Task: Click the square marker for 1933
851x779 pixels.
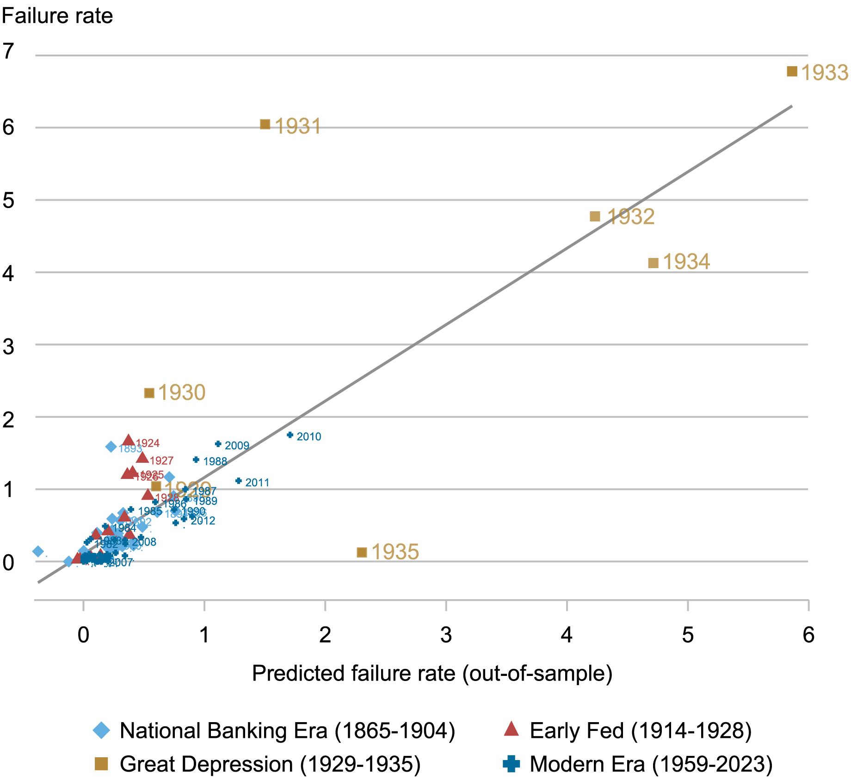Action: coord(792,71)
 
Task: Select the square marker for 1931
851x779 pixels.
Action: coord(265,124)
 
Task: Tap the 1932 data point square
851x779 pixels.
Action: coord(595,216)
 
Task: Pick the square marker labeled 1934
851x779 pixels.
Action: coord(653,263)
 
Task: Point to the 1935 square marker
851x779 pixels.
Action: coord(362,552)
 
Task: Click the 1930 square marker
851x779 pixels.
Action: coord(149,393)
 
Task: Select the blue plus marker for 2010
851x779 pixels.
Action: coord(290,435)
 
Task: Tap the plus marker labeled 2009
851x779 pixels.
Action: coord(218,444)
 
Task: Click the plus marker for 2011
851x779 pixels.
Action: coord(239,481)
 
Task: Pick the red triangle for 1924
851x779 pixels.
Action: coord(129,441)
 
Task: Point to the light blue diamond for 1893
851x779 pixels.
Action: coord(111,447)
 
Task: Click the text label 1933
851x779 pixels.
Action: coord(824,73)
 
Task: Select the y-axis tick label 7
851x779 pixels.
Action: coord(8,51)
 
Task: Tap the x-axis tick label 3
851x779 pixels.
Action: coord(446,635)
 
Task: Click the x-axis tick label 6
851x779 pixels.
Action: coord(808,635)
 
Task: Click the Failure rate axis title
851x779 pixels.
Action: coord(57,16)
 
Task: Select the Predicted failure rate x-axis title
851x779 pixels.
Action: coord(432,673)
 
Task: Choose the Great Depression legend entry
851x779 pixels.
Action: coord(270,764)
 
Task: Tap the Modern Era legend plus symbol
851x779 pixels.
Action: coord(511,764)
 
